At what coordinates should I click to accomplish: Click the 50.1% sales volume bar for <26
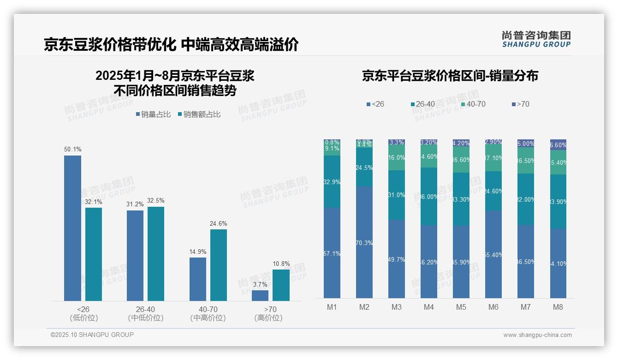(x=72, y=228)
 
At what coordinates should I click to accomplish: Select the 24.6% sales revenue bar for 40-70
(x=219, y=265)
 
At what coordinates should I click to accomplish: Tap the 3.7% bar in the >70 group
(x=260, y=295)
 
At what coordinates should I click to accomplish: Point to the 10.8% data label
(x=281, y=264)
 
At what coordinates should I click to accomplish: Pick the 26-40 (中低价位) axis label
(x=146, y=313)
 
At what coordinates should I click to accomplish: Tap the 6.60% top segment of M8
(x=558, y=144)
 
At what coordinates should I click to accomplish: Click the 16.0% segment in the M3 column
(x=397, y=158)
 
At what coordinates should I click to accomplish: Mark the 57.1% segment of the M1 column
(x=332, y=253)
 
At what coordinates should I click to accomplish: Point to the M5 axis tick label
(x=461, y=307)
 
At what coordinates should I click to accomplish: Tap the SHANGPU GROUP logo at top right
(x=536, y=39)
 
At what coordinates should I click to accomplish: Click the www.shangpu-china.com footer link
(x=537, y=335)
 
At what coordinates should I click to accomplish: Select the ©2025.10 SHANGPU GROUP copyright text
(x=92, y=335)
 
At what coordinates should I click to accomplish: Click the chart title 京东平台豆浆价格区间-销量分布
(x=450, y=76)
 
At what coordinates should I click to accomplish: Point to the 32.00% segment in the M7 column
(x=526, y=199)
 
